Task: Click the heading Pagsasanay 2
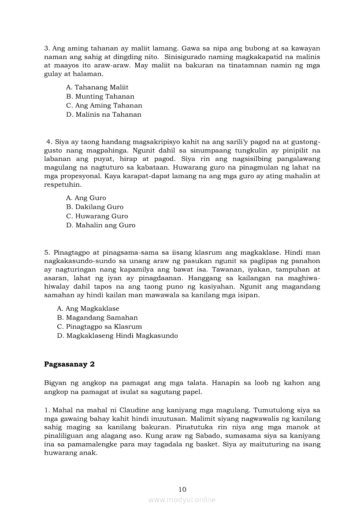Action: [69, 364]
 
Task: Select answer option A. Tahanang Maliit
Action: [97, 87]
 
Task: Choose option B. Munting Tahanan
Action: [100, 96]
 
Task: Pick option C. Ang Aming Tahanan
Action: [104, 106]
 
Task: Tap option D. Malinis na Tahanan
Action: [104, 115]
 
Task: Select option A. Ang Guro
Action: [86, 198]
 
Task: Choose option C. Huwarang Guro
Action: [97, 216]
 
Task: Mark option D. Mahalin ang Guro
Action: [100, 225]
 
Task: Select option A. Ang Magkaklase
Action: [88, 308]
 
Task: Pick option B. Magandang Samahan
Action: [97, 318]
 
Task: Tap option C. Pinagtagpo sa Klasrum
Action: [99, 326]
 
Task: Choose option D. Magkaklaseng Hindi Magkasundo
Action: [117, 336]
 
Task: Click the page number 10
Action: [182, 489]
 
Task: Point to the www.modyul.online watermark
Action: [182, 500]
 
